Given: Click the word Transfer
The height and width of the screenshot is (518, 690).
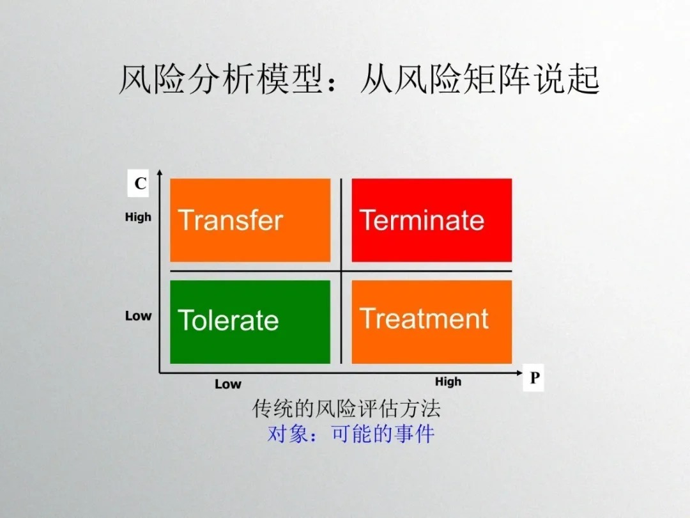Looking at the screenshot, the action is point(230,220).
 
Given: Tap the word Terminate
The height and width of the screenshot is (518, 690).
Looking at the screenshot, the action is point(422,220).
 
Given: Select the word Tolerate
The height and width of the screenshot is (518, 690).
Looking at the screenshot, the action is point(228,320).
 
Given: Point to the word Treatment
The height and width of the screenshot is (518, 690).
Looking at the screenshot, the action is point(424,318).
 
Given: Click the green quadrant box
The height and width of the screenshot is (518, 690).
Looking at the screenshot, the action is point(250,322).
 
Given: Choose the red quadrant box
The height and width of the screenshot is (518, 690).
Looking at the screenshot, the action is point(432,220).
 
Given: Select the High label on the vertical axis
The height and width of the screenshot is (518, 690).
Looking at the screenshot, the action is point(138,217).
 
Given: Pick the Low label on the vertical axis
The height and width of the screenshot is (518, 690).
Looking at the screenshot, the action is point(138,316).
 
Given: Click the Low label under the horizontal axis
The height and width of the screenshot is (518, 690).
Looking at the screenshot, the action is point(228,384).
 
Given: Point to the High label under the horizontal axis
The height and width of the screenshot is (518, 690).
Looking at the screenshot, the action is point(448,381).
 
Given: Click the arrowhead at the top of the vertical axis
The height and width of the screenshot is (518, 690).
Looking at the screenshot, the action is point(160,171).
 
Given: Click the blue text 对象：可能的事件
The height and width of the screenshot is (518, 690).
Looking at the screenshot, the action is point(351,434).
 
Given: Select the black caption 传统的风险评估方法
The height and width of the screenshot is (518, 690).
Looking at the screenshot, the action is point(346,408).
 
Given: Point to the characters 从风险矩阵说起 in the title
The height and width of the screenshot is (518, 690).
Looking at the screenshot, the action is point(480,79).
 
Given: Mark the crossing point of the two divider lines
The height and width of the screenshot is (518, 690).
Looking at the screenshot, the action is point(341,271).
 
